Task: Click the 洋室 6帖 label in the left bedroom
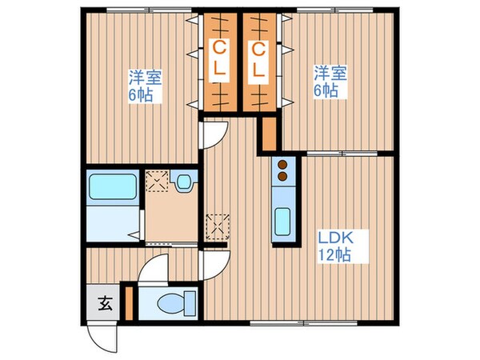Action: [146, 86]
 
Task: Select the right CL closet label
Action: [258, 61]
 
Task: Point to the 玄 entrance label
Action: [104, 303]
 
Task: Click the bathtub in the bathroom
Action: [113, 188]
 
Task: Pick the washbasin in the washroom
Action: [185, 182]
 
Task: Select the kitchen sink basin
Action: [282, 219]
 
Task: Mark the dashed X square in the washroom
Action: [156, 182]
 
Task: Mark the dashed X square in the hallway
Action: [216, 226]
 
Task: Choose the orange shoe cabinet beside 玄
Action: [127, 303]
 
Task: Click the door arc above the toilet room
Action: [156, 268]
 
